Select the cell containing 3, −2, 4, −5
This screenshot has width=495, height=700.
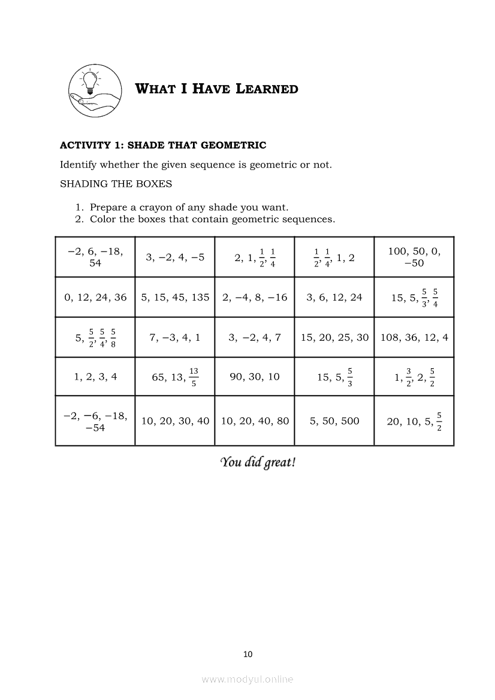[174, 257]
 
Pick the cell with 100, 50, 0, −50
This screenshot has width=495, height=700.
[414, 257]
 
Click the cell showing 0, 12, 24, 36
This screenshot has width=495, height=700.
[95, 297]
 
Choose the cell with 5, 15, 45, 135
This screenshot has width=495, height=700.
[175, 297]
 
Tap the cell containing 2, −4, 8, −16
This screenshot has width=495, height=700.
[255, 297]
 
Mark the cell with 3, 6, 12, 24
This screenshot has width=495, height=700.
[334, 297]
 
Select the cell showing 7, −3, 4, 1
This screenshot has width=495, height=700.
[175, 337]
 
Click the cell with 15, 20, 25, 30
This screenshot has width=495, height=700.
[334, 337]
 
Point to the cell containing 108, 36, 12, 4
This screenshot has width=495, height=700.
[414, 337]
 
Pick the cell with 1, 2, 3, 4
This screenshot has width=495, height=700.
[95, 377]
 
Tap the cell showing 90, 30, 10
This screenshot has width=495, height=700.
[255, 377]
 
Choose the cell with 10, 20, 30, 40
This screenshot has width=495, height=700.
[175, 421]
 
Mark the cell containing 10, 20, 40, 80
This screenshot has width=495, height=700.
[255, 421]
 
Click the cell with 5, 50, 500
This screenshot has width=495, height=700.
[334, 421]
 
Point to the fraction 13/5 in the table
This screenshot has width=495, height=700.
[194, 377]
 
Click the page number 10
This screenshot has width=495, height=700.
[248, 654]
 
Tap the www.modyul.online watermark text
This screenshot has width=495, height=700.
[248, 679]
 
